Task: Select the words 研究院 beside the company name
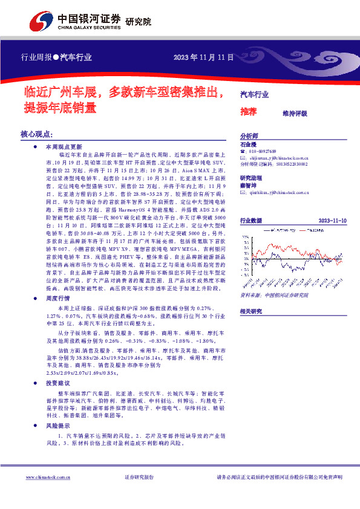[x=138, y=22]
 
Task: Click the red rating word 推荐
[x=248, y=111]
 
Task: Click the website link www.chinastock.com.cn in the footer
[x=46, y=478]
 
